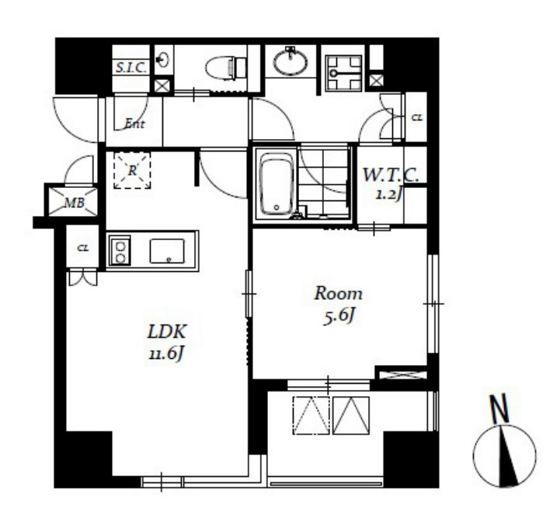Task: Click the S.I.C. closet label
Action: pos(131,68)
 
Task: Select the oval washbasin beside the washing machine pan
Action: pos(290,62)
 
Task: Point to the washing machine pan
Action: pos(343,73)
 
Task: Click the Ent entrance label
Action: pos(134,124)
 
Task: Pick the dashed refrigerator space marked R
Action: pos(132,170)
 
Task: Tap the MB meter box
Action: pos(73,202)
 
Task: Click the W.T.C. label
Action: pos(391,175)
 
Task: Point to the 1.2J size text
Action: pos(389,193)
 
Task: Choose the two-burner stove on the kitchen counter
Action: pos(120,250)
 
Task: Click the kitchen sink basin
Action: pos(167,251)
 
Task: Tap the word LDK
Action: pos(166,332)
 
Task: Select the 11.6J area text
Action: pos(166,353)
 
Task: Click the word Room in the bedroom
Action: pos(339,294)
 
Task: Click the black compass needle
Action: pos(509,456)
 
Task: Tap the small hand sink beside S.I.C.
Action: pos(162,60)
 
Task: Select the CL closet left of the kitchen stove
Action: pos(83,248)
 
